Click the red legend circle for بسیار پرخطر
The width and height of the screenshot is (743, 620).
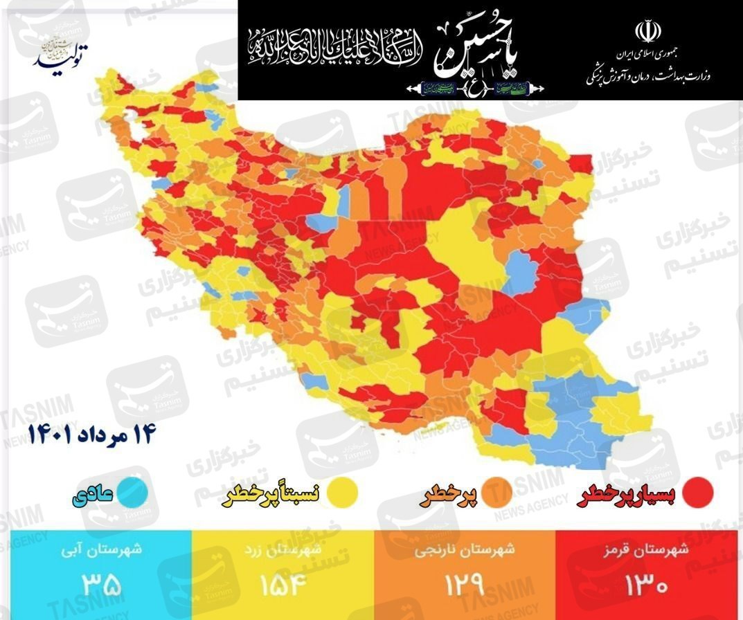tap(697, 492)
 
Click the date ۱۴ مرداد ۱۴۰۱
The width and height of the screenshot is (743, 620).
tap(92, 435)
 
